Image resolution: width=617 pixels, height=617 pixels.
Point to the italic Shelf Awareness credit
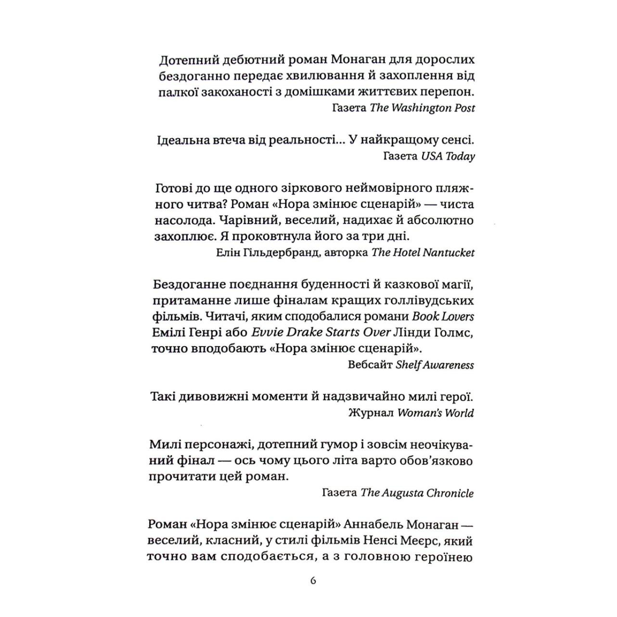tap(434, 365)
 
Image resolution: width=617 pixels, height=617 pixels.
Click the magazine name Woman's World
tap(435, 413)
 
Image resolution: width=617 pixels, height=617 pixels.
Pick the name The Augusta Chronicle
tap(417, 493)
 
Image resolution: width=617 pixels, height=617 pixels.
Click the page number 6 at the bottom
tap(314, 581)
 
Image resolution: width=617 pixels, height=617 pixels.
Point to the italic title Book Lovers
tap(443, 316)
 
